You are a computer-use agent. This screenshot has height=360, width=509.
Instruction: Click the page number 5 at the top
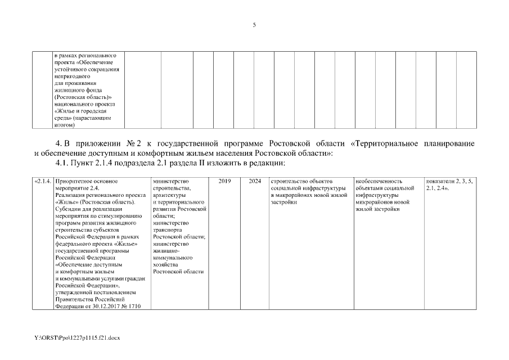click(x=254, y=25)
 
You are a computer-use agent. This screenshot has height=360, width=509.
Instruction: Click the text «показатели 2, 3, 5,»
click(x=449, y=181)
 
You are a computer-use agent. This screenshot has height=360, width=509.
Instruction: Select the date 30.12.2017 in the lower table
click(x=109, y=307)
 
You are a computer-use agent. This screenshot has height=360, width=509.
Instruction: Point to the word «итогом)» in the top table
click(x=65, y=125)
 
